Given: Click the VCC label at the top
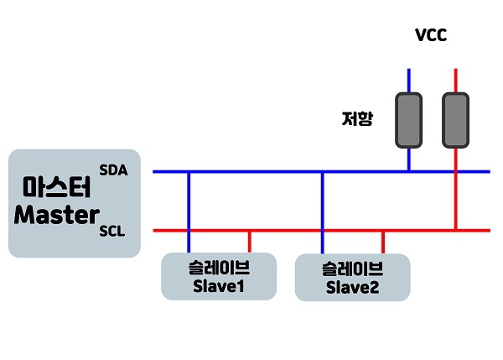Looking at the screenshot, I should tap(433, 35).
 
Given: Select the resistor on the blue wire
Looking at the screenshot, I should tap(409, 119).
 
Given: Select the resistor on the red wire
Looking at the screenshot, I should tap(455, 119).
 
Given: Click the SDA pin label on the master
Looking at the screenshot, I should tap(112, 170).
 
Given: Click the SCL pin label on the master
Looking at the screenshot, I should tap(112, 232).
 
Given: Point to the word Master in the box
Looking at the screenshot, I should tap(56, 215).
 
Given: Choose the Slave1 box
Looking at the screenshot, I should tap(218, 275).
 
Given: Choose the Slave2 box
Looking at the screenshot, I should tap(352, 278).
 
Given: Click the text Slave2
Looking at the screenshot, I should tap(352, 289).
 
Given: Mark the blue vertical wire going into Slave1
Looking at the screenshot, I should tap(189, 210).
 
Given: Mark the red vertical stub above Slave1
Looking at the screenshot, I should tap(249, 241).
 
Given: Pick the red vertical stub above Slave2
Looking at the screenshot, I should tap(383, 242).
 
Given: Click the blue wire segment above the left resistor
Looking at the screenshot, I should tap(409, 81).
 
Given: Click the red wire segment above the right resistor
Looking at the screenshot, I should tap(455, 81).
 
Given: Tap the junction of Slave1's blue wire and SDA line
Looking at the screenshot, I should tap(189, 172).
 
